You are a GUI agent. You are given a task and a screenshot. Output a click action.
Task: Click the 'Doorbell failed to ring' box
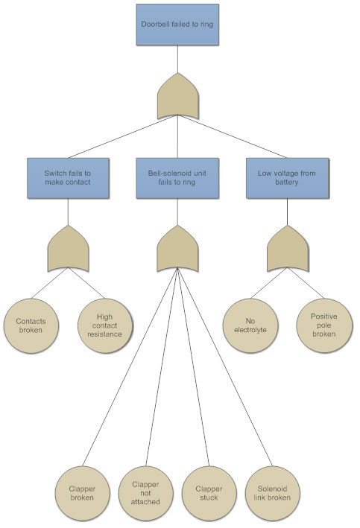pyautogui.click(x=177, y=25)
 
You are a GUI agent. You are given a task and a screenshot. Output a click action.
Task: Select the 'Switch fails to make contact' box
pyautogui.click(x=68, y=178)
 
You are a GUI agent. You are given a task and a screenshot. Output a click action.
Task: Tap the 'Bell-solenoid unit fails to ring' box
pyautogui.click(x=177, y=178)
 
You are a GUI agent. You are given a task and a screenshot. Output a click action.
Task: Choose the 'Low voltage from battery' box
pyautogui.click(x=288, y=178)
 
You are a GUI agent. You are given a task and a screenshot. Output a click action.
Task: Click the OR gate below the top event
pyautogui.click(x=177, y=95)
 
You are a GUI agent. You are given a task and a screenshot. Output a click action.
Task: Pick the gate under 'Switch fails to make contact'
pyautogui.click(x=68, y=249)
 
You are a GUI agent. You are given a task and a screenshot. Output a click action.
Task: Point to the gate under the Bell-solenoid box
pyautogui.click(x=177, y=249)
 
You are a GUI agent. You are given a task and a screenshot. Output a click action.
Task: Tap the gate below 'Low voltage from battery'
pyautogui.click(x=288, y=249)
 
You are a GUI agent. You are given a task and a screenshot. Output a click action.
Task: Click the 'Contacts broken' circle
pyautogui.click(x=31, y=325)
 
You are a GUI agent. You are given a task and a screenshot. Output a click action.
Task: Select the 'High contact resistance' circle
pyautogui.click(x=105, y=325)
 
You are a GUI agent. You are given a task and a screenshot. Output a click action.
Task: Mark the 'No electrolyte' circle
pyautogui.click(x=250, y=325)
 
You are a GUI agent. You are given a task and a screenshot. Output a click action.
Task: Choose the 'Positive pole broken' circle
pyautogui.click(x=324, y=325)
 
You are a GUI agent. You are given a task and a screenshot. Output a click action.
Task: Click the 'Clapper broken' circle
pyautogui.click(x=83, y=493)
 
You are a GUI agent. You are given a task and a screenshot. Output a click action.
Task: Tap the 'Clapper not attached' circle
pyautogui.click(x=146, y=493)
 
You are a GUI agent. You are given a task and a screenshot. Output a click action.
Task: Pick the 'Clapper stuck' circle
pyautogui.click(x=209, y=493)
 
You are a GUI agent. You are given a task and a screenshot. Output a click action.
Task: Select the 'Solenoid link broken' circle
pyautogui.click(x=272, y=493)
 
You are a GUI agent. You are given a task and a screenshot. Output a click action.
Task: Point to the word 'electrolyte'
pyautogui.click(x=250, y=330)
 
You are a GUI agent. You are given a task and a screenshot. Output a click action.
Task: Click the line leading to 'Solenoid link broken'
pyautogui.click(x=225, y=366)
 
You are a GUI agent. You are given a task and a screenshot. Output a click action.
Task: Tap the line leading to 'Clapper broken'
pyautogui.click(x=130, y=366)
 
